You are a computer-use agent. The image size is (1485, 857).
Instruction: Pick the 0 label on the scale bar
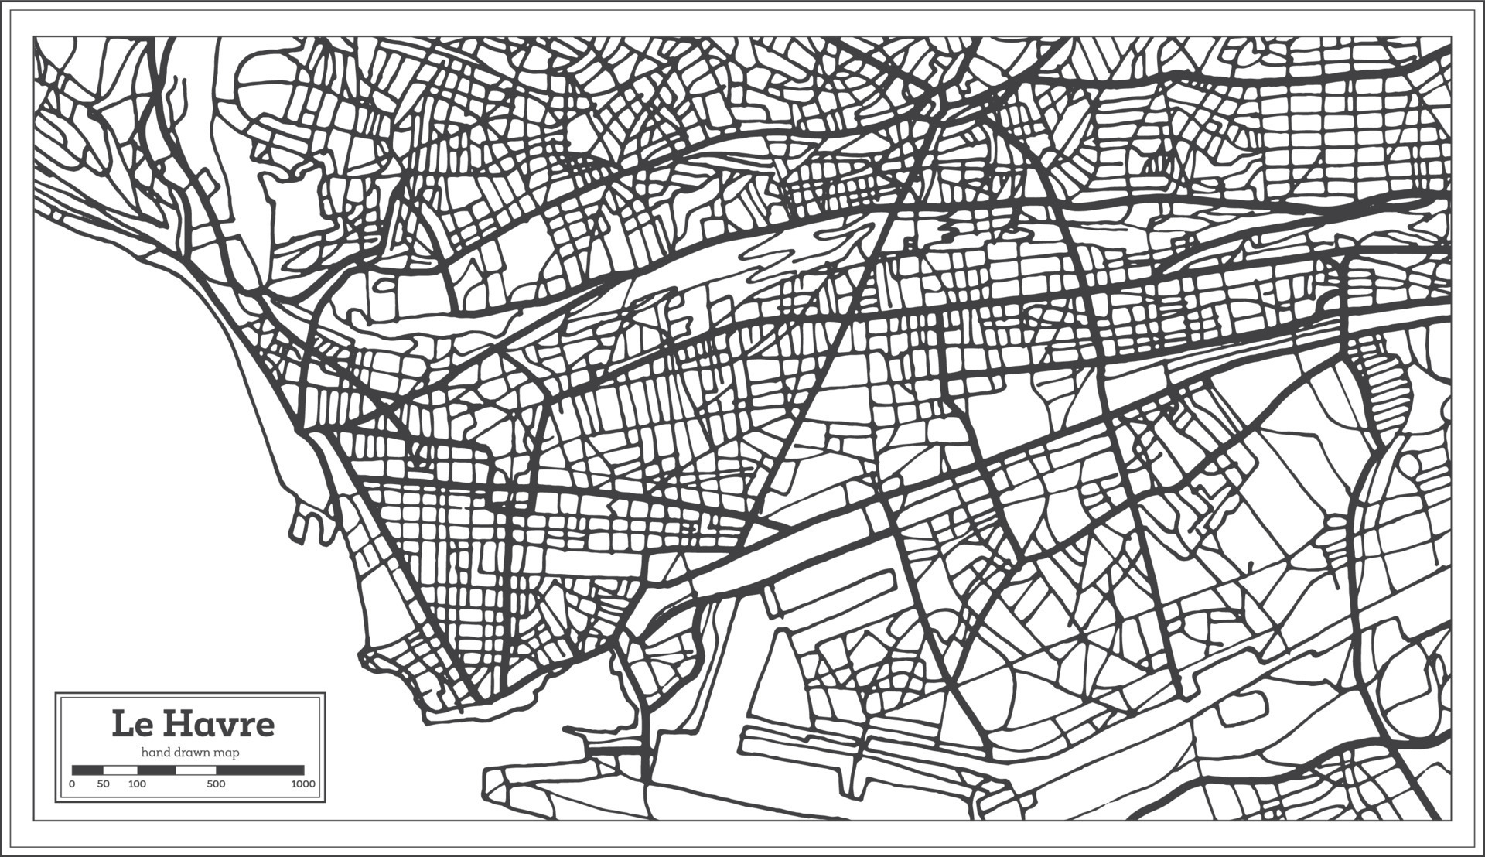coord(72,784)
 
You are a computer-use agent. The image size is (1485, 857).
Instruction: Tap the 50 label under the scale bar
coord(104,784)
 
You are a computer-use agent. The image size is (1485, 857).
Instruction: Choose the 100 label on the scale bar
coord(137,784)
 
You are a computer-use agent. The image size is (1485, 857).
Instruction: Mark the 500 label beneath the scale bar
coord(217,784)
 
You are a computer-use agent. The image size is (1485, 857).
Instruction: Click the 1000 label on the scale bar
coord(303,784)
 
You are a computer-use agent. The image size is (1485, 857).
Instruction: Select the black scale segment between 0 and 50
coord(87,770)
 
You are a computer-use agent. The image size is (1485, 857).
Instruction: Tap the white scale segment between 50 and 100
coord(121,770)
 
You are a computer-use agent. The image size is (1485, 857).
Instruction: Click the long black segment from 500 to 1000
coord(260,770)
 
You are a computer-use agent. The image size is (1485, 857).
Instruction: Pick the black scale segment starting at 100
coord(157,770)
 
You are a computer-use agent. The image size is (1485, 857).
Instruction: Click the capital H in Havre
coord(177,725)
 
